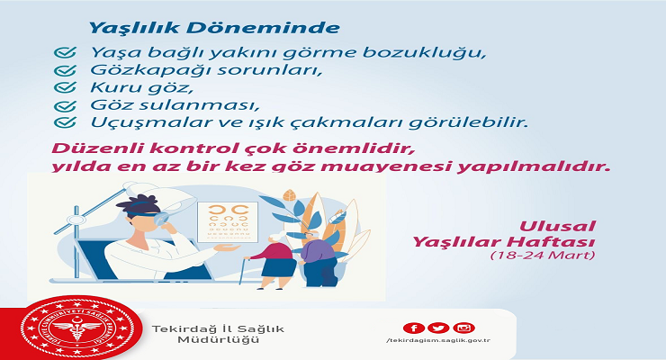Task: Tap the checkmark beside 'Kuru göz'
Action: pos(62,87)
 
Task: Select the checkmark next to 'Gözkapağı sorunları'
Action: pos(62,69)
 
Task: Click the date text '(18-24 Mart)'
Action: pos(542,256)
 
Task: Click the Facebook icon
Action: pos(414,328)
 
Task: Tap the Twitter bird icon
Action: pos(438,328)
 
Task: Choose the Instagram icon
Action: pos(463,328)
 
